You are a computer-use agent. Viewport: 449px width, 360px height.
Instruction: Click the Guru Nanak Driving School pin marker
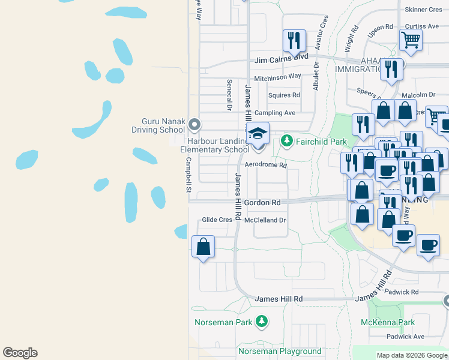[x=194, y=124]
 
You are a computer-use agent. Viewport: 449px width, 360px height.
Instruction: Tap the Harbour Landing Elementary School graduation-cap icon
[x=258, y=134]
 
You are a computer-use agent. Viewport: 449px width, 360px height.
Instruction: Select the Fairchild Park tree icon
[x=287, y=141]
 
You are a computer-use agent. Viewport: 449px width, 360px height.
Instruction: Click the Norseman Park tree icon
[x=261, y=322]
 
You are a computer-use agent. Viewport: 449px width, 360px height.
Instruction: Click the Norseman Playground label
[x=280, y=351]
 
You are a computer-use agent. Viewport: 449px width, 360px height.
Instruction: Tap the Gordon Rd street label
[x=262, y=203]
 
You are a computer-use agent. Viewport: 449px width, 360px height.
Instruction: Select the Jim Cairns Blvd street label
[x=282, y=59]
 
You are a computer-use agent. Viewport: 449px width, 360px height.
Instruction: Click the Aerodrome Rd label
[x=266, y=165]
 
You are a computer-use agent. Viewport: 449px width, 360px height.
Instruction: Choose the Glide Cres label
[x=217, y=220]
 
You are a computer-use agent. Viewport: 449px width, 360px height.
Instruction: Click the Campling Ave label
[x=275, y=113]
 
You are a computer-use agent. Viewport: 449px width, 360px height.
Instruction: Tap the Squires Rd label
[x=284, y=95]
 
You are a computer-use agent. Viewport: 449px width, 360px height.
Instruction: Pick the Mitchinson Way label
[x=277, y=77]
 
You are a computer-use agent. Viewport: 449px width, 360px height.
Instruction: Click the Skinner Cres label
[x=423, y=10]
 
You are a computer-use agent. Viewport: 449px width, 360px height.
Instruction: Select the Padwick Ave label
[x=405, y=337]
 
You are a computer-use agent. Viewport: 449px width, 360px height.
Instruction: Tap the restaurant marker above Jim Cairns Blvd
[x=294, y=41]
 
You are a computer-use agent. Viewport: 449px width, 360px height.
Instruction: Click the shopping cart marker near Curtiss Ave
[x=411, y=40]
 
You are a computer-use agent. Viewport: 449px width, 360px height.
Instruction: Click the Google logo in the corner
[x=20, y=353]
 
